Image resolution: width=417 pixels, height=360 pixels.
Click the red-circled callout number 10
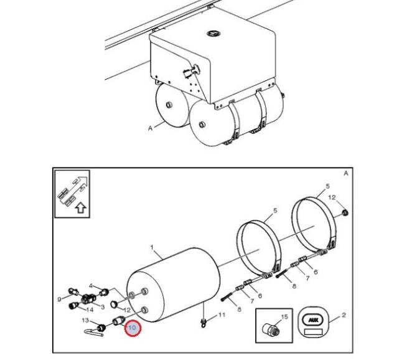tap(132, 328)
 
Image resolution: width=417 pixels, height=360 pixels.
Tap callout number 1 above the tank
tap(152, 248)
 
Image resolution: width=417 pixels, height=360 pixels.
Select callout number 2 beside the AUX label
tap(344, 315)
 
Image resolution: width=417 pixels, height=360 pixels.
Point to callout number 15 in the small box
tap(284, 317)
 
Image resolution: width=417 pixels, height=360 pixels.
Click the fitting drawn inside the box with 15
tap(270, 330)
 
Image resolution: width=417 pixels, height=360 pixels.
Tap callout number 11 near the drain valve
tap(222, 315)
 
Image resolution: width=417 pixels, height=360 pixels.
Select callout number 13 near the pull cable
tap(85, 320)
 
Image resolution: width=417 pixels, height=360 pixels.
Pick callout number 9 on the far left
tap(59, 300)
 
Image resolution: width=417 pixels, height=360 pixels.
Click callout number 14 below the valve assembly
tap(90, 310)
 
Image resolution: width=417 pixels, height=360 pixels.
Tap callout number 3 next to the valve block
tap(103, 307)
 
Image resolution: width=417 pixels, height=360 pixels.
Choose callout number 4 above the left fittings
tap(91, 286)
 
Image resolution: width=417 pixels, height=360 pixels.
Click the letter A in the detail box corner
tap(345, 174)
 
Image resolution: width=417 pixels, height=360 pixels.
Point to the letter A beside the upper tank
tap(150, 128)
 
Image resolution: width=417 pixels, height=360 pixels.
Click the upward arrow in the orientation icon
tap(81, 208)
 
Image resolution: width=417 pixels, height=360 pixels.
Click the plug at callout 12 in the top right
tap(345, 212)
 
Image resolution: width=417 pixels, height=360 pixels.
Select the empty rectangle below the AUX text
tap(314, 331)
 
